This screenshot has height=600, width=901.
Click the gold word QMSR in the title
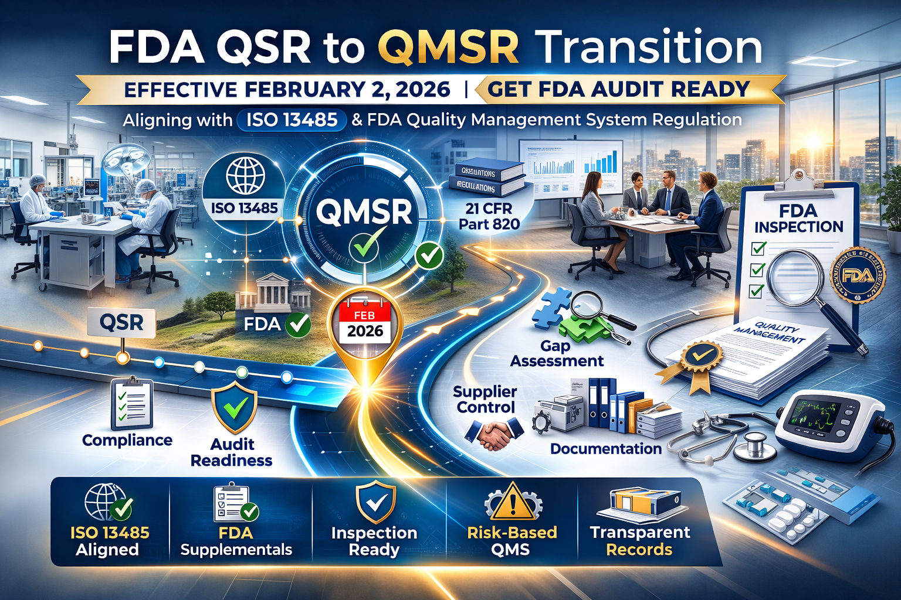click(x=449, y=47)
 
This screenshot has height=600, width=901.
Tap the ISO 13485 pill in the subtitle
click(x=292, y=120)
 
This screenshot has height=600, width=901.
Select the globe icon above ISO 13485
click(x=245, y=176)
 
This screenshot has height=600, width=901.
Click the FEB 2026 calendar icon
click(x=365, y=323)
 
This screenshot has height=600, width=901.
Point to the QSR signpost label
click(x=121, y=322)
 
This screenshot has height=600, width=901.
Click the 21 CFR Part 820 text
click(x=489, y=216)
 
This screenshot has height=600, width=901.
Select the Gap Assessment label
click(x=556, y=353)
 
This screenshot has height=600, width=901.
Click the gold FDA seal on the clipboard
click(x=858, y=275)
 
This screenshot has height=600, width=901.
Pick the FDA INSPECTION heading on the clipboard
click(x=798, y=219)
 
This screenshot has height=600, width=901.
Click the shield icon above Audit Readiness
click(x=234, y=406)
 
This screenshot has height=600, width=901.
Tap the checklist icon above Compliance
click(x=132, y=404)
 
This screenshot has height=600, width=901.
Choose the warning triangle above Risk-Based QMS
click(x=513, y=502)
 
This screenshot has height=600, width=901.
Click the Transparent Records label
click(x=640, y=541)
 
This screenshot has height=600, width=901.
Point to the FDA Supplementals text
click(x=236, y=541)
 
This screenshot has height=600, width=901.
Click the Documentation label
click(x=605, y=449)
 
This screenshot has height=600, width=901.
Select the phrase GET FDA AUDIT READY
click(x=618, y=89)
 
